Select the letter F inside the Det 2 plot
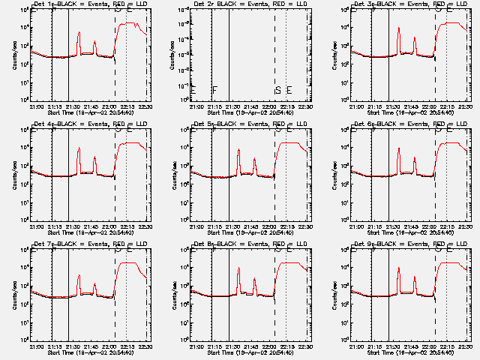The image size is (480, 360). pyautogui.click(x=214, y=91)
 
